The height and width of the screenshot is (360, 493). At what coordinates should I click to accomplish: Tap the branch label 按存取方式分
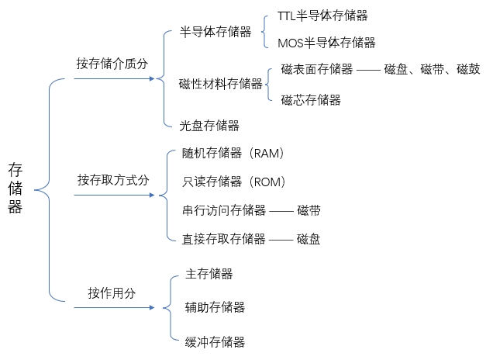[113, 180]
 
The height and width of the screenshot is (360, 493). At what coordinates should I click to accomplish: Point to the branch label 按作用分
[112, 293]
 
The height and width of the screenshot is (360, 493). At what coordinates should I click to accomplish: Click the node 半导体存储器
[215, 32]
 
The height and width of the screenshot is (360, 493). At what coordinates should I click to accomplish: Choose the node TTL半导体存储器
[322, 16]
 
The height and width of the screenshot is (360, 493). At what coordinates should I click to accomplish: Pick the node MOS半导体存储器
[326, 43]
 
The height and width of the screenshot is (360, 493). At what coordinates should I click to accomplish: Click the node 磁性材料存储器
[221, 84]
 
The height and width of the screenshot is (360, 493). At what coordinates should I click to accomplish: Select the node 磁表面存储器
[317, 69]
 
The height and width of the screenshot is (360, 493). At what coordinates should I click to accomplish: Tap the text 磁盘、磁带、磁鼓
[434, 69]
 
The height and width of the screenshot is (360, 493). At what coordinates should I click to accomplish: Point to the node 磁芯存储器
[311, 99]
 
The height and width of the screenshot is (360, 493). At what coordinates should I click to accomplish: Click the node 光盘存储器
[209, 125]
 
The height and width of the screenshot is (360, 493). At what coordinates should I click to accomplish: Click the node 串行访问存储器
[224, 210]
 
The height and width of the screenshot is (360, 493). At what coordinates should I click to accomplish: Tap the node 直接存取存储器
[224, 239]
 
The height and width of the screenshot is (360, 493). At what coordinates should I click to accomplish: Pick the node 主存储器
[209, 274]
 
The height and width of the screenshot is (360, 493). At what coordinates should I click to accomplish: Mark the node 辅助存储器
[215, 307]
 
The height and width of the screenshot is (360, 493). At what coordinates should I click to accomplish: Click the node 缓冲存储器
[215, 341]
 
